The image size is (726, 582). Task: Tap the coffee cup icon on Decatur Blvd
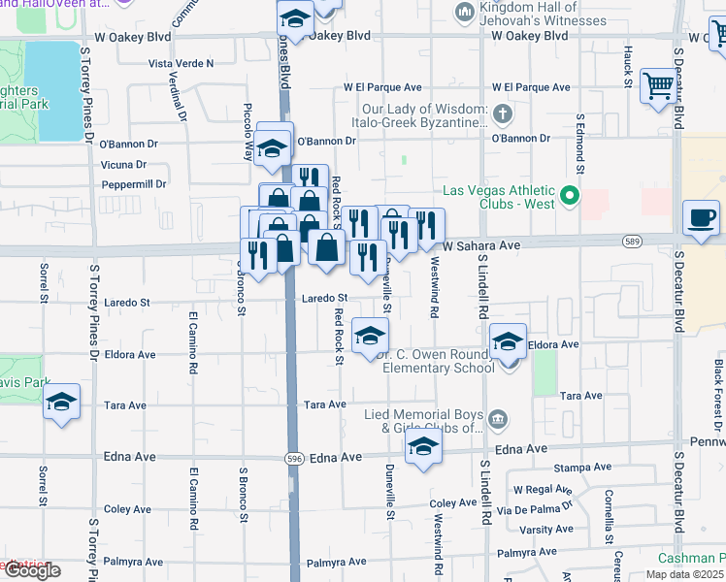(701, 217)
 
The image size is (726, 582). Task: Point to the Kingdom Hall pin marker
(463, 12)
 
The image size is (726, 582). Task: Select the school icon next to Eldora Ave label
(508, 341)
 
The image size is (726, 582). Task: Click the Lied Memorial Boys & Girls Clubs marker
(498, 419)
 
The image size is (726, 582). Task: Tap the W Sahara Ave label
(481, 246)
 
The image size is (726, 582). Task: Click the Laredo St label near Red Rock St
(323, 298)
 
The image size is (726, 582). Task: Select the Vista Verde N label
(181, 63)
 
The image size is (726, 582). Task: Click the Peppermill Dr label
(134, 184)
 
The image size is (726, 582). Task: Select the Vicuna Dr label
(123, 165)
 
